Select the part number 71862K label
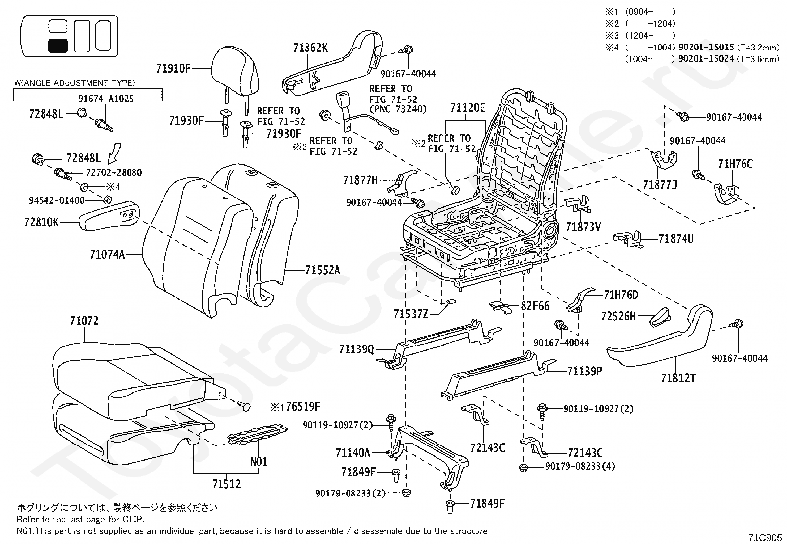(x=310, y=48)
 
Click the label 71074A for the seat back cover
(x=107, y=254)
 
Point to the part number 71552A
(x=322, y=270)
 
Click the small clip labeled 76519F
(x=246, y=407)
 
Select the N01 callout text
(x=259, y=461)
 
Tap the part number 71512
(x=227, y=484)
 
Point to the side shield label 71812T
(x=678, y=378)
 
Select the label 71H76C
(x=735, y=164)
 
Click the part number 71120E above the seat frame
(x=468, y=107)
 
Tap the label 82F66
(x=535, y=306)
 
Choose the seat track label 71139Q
(x=356, y=349)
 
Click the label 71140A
(x=352, y=452)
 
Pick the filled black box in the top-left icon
(x=58, y=46)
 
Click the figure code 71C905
(x=766, y=537)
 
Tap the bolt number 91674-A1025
(x=106, y=99)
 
